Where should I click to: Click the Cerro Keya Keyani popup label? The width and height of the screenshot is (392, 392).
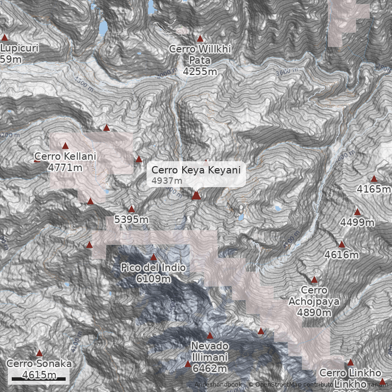196,170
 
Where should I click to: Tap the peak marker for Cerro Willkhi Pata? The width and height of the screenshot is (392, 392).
200,38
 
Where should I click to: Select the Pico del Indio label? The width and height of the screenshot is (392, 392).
153,268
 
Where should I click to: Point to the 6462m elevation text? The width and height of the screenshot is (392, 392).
209,368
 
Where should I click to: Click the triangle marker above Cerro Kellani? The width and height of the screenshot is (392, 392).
65,146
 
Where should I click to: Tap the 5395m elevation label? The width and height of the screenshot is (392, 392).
131,220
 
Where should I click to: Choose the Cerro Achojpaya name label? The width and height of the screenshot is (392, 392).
314,295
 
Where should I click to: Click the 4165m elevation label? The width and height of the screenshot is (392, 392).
373,189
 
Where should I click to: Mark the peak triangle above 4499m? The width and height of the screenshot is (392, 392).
357,212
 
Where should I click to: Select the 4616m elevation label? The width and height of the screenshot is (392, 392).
342,255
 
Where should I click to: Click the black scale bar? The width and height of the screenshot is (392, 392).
38,379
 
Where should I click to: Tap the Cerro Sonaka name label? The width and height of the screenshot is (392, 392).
39,364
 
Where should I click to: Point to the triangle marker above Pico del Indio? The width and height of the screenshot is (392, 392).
153,257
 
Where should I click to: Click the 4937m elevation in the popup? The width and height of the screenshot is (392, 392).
167,181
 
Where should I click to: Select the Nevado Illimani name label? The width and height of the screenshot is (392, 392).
210,351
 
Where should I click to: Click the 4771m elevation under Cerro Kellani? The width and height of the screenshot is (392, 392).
65,168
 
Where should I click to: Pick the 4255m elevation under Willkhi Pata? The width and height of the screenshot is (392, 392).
200,72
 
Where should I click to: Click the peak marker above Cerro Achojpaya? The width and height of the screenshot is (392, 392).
314,280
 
